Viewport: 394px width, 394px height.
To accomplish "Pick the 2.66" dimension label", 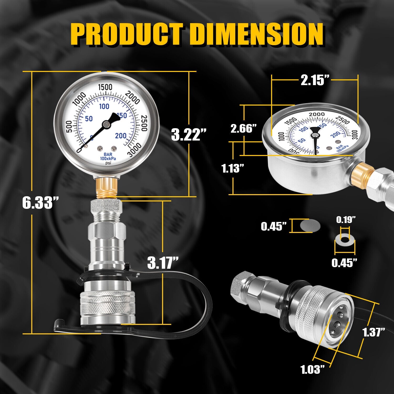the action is point(243,129).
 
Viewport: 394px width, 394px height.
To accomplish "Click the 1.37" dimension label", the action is point(374,332).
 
